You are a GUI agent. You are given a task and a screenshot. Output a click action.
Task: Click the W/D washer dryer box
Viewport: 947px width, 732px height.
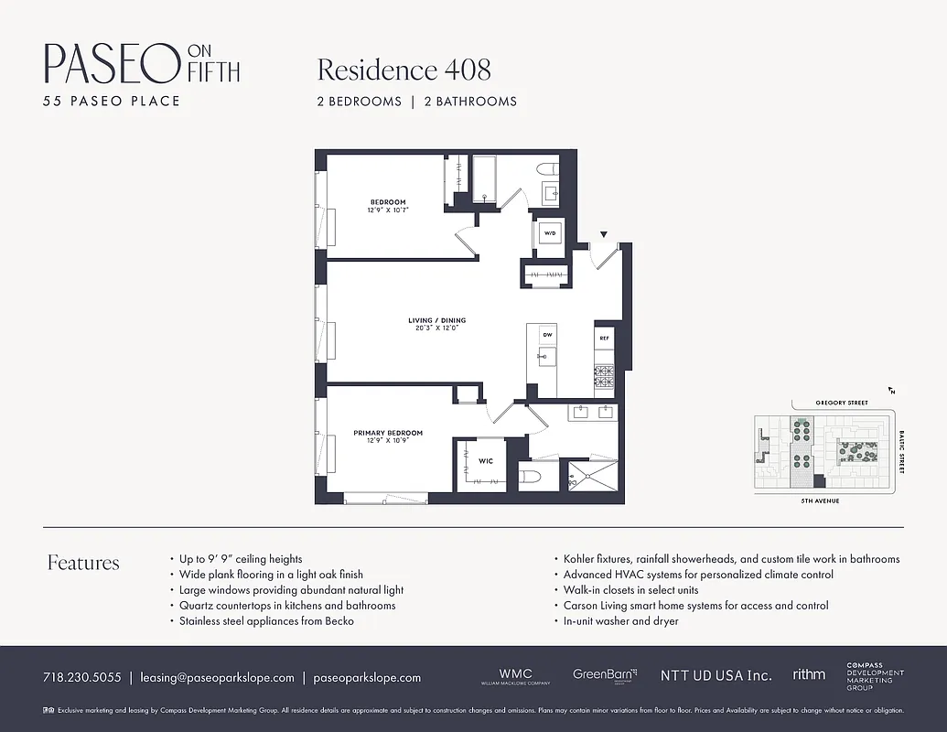click(550, 234)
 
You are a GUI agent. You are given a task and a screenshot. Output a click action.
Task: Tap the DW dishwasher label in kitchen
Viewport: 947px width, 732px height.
click(547, 335)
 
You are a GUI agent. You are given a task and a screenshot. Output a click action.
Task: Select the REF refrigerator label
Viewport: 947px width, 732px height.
click(604, 339)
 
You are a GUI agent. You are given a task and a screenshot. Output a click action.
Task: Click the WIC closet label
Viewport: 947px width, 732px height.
click(486, 461)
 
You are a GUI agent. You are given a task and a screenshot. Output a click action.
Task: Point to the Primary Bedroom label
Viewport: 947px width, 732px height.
click(388, 433)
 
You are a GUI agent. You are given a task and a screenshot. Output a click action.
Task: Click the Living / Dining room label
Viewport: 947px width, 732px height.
click(436, 321)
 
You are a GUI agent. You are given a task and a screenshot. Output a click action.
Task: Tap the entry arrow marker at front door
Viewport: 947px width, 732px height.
click(603, 235)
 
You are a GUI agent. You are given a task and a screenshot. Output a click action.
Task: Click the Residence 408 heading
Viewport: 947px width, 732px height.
click(404, 70)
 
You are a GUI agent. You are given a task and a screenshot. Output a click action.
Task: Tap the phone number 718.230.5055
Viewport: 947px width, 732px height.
click(81, 678)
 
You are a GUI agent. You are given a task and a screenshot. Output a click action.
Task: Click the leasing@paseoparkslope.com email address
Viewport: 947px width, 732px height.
click(217, 678)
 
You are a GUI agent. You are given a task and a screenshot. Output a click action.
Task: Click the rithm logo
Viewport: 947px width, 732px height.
click(809, 674)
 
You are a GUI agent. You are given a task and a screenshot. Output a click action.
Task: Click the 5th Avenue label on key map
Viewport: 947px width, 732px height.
click(820, 501)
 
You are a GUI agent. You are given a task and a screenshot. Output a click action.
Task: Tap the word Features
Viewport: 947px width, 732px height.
click(83, 563)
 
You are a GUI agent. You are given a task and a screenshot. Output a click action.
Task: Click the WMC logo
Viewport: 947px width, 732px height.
click(514, 675)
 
